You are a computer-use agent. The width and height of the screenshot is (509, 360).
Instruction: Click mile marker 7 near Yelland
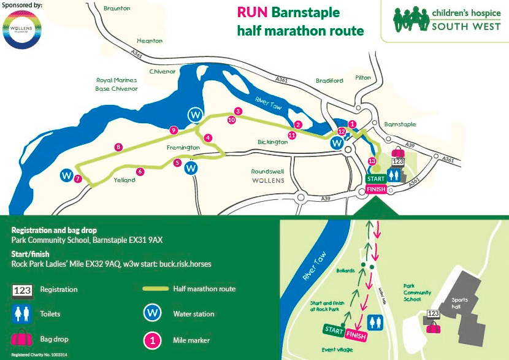tap(78, 179)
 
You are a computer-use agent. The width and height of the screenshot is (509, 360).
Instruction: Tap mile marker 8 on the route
tap(118, 147)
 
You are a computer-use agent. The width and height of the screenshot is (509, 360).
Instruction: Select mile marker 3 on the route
tap(237, 111)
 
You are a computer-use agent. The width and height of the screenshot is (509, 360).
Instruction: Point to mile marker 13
tap(372, 161)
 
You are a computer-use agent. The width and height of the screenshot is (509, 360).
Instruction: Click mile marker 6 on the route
tap(140, 172)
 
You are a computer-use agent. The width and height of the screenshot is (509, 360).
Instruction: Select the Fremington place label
tap(183, 148)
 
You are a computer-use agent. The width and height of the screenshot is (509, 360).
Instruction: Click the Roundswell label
tap(267, 172)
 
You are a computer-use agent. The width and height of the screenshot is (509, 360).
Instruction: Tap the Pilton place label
tap(363, 78)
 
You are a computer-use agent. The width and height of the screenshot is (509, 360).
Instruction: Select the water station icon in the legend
tap(152, 313)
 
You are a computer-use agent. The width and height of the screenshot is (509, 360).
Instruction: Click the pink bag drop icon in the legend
tap(22, 338)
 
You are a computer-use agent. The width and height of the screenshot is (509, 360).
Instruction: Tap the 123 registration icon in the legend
tap(22, 289)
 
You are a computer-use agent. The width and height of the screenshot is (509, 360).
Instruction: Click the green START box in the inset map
tap(334, 331)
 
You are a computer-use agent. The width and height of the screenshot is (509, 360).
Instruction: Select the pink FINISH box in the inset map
tap(356, 335)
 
